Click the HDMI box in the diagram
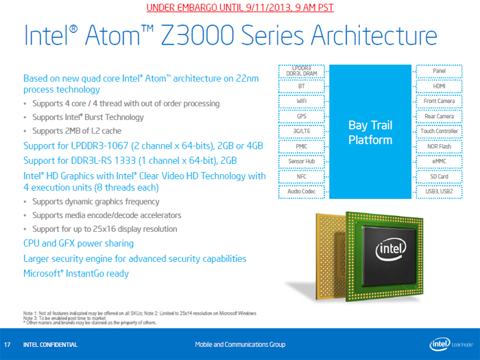pyautogui.click(x=439, y=86)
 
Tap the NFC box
pyautogui.click(x=301, y=176)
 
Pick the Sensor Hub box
pyautogui.click(x=301, y=161)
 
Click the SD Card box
pyautogui.click(x=439, y=176)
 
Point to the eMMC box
pyautogui.click(x=439, y=161)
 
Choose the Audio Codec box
pyautogui.click(x=301, y=191)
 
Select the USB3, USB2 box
pyautogui.click(x=439, y=191)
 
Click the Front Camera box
pyautogui.click(x=439, y=101)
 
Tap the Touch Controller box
pyautogui.click(x=439, y=131)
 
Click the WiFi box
pyautogui.click(x=301, y=101)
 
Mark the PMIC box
pyautogui.click(x=301, y=146)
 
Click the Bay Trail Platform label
pyautogui.click(x=370, y=132)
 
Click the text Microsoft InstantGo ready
pyautogui.click(x=75, y=274)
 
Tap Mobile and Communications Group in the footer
pyautogui.click(x=240, y=344)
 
